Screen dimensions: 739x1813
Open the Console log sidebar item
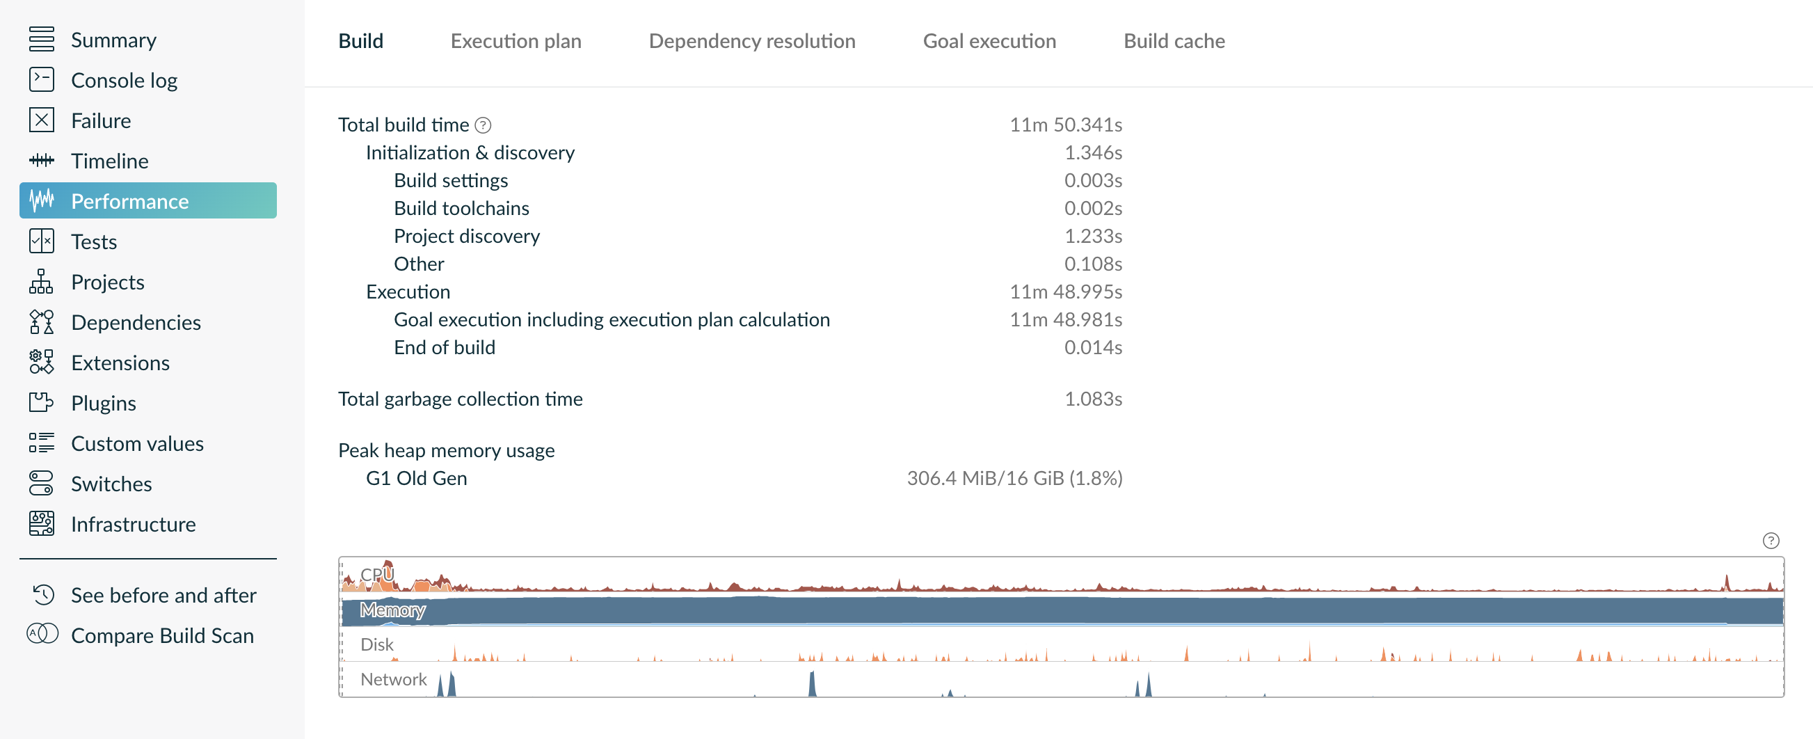124,80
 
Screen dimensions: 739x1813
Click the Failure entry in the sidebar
101,120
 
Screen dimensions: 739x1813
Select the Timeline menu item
109,161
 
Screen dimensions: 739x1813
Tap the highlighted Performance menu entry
129,201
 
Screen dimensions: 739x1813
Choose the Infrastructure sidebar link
133,525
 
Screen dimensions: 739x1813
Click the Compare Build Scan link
162,635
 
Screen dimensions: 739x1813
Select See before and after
163,596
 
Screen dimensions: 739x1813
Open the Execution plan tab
516,41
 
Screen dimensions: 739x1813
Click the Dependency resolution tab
751,41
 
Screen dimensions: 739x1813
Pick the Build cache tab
1173,41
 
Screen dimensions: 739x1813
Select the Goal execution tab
989,41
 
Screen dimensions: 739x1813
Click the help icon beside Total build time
483,125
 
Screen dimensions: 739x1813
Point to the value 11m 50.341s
1066,125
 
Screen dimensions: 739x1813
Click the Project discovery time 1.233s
1092,236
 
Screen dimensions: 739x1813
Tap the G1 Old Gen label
416,478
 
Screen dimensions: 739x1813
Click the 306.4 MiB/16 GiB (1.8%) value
1014,478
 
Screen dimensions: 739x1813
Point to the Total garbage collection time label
460,399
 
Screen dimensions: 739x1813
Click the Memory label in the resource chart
392,610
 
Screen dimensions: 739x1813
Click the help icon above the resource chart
1770,541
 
